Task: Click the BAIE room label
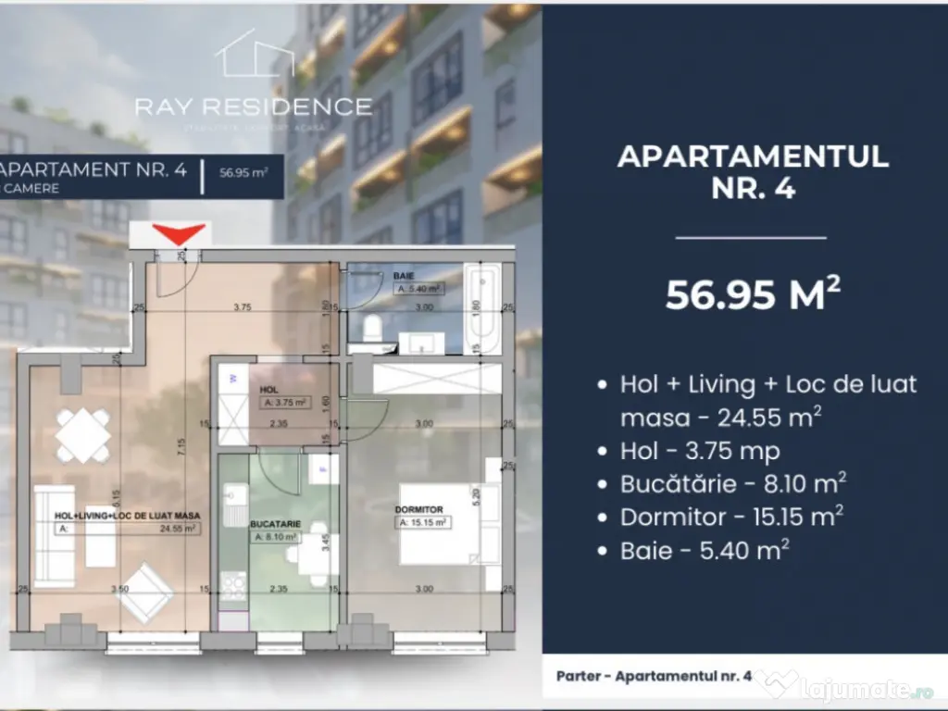pyautogui.click(x=403, y=276)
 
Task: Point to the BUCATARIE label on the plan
pyautogui.click(x=274, y=523)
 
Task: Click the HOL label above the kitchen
pyautogui.click(x=269, y=390)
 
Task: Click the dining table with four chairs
pyautogui.click(x=83, y=434)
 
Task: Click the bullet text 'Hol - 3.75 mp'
pyautogui.click(x=700, y=451)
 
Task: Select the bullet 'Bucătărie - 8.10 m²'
pyautogui.click(x=733, y=483)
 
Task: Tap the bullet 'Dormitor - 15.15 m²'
pyautogui.click(x=731, y=517)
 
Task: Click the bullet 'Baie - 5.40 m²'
pyautogui.click(x=705, y=550)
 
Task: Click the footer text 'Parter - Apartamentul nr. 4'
pyautogui.click(x=654, y=676)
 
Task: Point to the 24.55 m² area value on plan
pyautogui.click(x=178, y=529)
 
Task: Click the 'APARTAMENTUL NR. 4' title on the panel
pyautogui.click(x=753, y=171)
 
